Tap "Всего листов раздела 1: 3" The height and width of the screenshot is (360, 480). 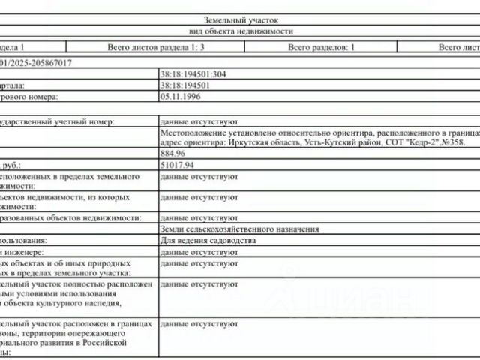156,46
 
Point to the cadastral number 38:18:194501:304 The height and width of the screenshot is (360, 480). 193,75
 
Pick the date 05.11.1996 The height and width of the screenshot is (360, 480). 178,97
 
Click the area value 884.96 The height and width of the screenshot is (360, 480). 172,153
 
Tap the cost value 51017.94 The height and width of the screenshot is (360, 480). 177,164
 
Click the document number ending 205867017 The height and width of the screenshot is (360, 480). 42,63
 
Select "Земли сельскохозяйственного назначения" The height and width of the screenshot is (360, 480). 240,229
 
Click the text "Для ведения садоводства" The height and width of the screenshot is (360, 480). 208,241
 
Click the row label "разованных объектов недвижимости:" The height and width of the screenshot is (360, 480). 71,217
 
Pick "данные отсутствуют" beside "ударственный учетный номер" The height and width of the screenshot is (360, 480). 199,121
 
